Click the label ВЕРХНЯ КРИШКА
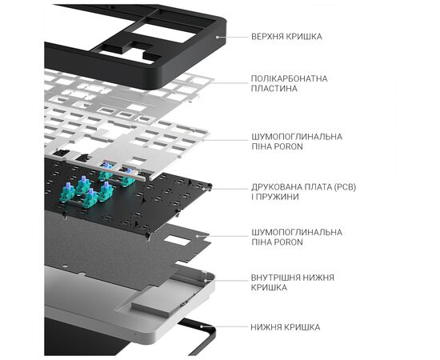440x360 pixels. (x=286, y=37)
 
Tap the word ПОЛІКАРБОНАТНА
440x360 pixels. (x=290, y=78)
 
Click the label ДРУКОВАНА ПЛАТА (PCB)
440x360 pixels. (x=304, y=187)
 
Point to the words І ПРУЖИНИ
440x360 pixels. (x=275, y=197)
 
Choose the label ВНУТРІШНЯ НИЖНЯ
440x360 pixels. (x=293, y=278)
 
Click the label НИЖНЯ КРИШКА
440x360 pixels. (x=286, y=327)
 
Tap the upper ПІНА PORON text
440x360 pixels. (x=278, y=146)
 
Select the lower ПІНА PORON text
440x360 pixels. (x=278, y=242)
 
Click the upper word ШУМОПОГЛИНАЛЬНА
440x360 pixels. (x=297, y=137)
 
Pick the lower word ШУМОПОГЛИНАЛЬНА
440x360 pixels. (x=297, y=232)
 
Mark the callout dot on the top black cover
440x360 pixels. (x=217, y=37)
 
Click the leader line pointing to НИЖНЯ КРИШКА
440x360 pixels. (x=225, y=327)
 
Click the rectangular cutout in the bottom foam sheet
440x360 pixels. (x=176, y=241)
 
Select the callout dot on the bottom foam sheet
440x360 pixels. (x=198, y=236)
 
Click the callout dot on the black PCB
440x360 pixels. (x=208, y=189)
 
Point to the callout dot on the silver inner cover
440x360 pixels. (x=205, y=280)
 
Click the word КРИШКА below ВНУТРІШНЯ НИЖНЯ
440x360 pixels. (x=269, y=288)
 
